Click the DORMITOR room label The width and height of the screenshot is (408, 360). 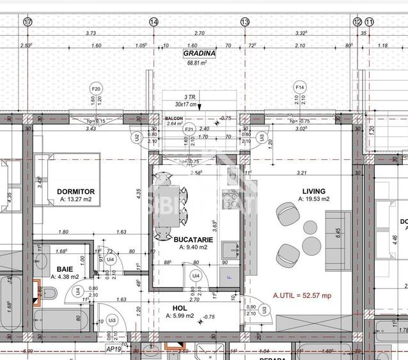[76, 191]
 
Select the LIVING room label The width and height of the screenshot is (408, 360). [313, 191]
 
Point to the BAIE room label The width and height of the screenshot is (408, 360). [65, 269]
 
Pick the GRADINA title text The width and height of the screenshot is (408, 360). [200, 54]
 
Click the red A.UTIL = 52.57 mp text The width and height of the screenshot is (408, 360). [302, 295]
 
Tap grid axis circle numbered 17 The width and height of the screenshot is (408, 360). [27, 22]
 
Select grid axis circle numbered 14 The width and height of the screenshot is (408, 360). [153, 22]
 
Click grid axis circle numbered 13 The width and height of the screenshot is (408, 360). [245, 22]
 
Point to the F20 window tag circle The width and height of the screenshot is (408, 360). [96, 88]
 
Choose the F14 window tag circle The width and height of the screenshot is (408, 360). [299, 86]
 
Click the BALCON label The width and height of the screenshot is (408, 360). [174, 118]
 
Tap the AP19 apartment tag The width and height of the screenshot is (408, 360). [114, 350]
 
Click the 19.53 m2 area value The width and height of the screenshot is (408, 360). [313, 200]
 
